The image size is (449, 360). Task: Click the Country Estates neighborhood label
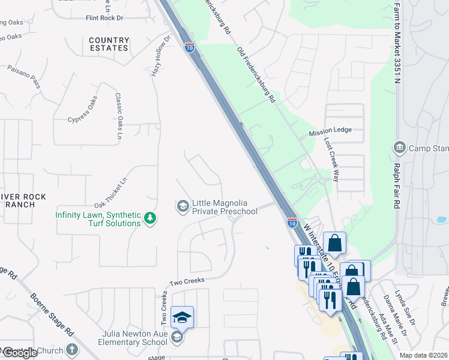[109, 44]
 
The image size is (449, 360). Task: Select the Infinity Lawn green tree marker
[151, 219]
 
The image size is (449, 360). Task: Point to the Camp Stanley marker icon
[399, 148]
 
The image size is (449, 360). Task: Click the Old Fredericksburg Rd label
[256, 74]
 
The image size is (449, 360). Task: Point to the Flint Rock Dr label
[104, 19]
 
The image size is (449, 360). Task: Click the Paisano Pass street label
[24, 76]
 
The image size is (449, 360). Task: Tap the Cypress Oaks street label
[82, 110]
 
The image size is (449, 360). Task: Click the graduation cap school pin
[182, 316]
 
